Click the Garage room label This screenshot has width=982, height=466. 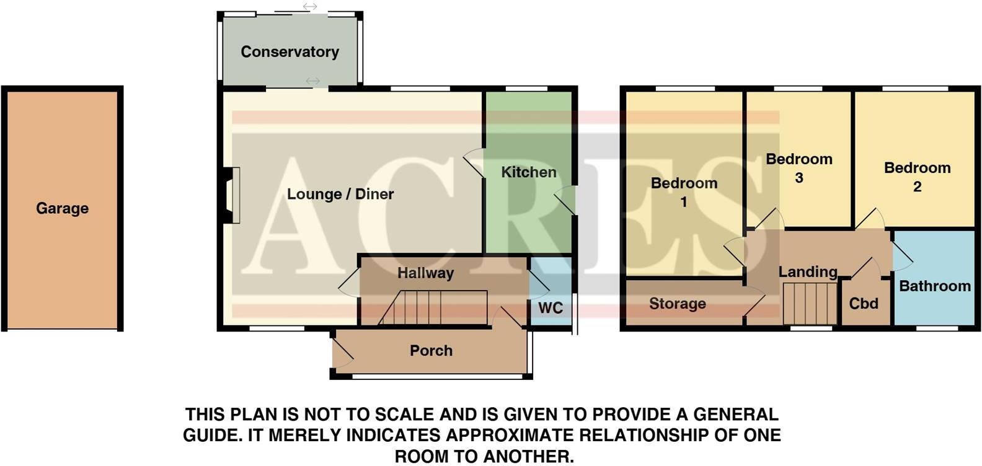coord(62,208)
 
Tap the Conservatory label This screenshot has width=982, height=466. coord(290,51)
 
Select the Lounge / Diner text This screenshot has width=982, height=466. coord(340,194)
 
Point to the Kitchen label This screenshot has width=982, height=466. coord(529,172)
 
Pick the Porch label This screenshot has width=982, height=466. coord(431,351)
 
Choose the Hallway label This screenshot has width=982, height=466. coord(425,273)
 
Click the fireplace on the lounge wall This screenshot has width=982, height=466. coord(232,195)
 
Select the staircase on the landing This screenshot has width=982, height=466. coord(810,303)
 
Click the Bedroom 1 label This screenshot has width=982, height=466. coord(684,192)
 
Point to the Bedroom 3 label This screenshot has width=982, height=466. coord(798,168)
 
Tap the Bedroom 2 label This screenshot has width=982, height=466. coord(917,177)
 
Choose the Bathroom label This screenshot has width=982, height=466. coord(934,286)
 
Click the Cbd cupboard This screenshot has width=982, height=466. coord(864,304)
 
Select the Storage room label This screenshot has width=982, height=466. coord(677,304)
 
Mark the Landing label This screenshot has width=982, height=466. coord(807,271)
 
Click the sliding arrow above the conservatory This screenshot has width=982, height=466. coord(309,7)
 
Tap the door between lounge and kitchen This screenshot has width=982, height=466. coord(474,164)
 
